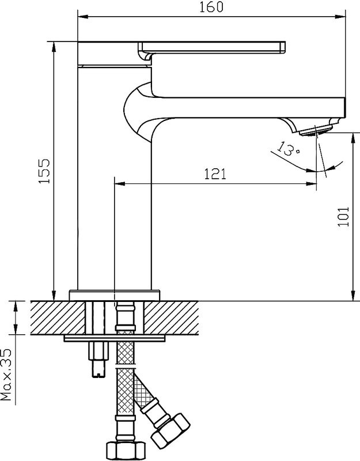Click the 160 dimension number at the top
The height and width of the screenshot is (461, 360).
tap(211, 7)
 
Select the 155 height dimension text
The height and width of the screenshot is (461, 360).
tap(46, 171)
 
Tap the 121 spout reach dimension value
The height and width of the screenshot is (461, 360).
tap(214, 174)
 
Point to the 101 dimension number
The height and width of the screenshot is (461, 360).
tap(343, 217)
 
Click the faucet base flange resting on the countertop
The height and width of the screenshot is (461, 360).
tap(115, 294)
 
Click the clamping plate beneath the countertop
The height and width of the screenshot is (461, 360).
tap(115, 339)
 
